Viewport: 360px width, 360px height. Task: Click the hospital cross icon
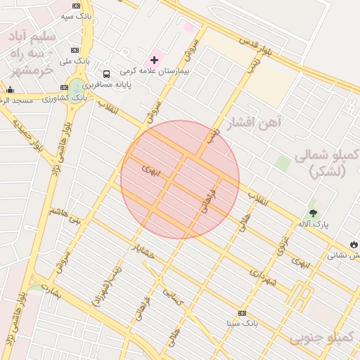(154, 60)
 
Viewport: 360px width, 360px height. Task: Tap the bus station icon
(106, 74)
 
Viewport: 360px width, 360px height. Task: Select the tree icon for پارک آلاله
(313, 212)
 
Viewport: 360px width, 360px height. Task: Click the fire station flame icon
(353, 244)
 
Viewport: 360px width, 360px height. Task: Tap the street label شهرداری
(264, 276)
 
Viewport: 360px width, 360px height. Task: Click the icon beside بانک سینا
(243, 313)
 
